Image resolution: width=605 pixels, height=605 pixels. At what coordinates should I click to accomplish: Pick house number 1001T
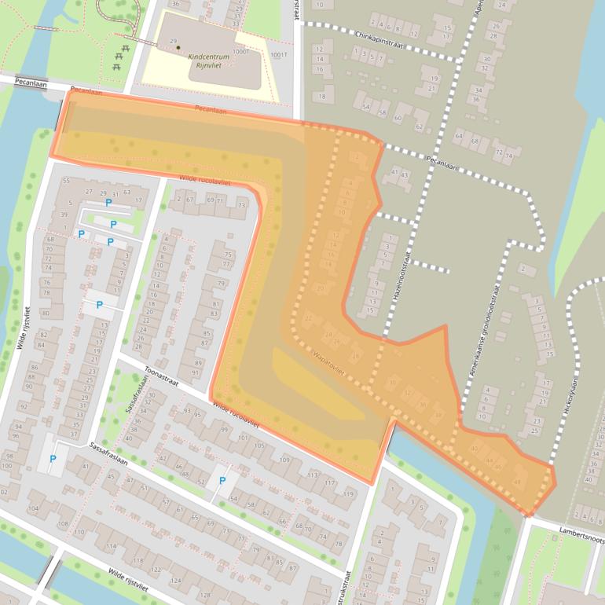point(280,54)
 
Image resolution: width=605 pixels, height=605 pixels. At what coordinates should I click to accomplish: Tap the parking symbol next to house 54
point(222,481)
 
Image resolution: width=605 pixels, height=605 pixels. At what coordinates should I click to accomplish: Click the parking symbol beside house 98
point(53,459)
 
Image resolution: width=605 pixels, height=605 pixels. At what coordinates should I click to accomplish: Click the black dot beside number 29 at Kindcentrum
point(178,49)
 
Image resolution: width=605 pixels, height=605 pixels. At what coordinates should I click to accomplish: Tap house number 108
point(62,523)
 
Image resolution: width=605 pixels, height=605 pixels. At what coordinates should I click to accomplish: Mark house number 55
point(66,181)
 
